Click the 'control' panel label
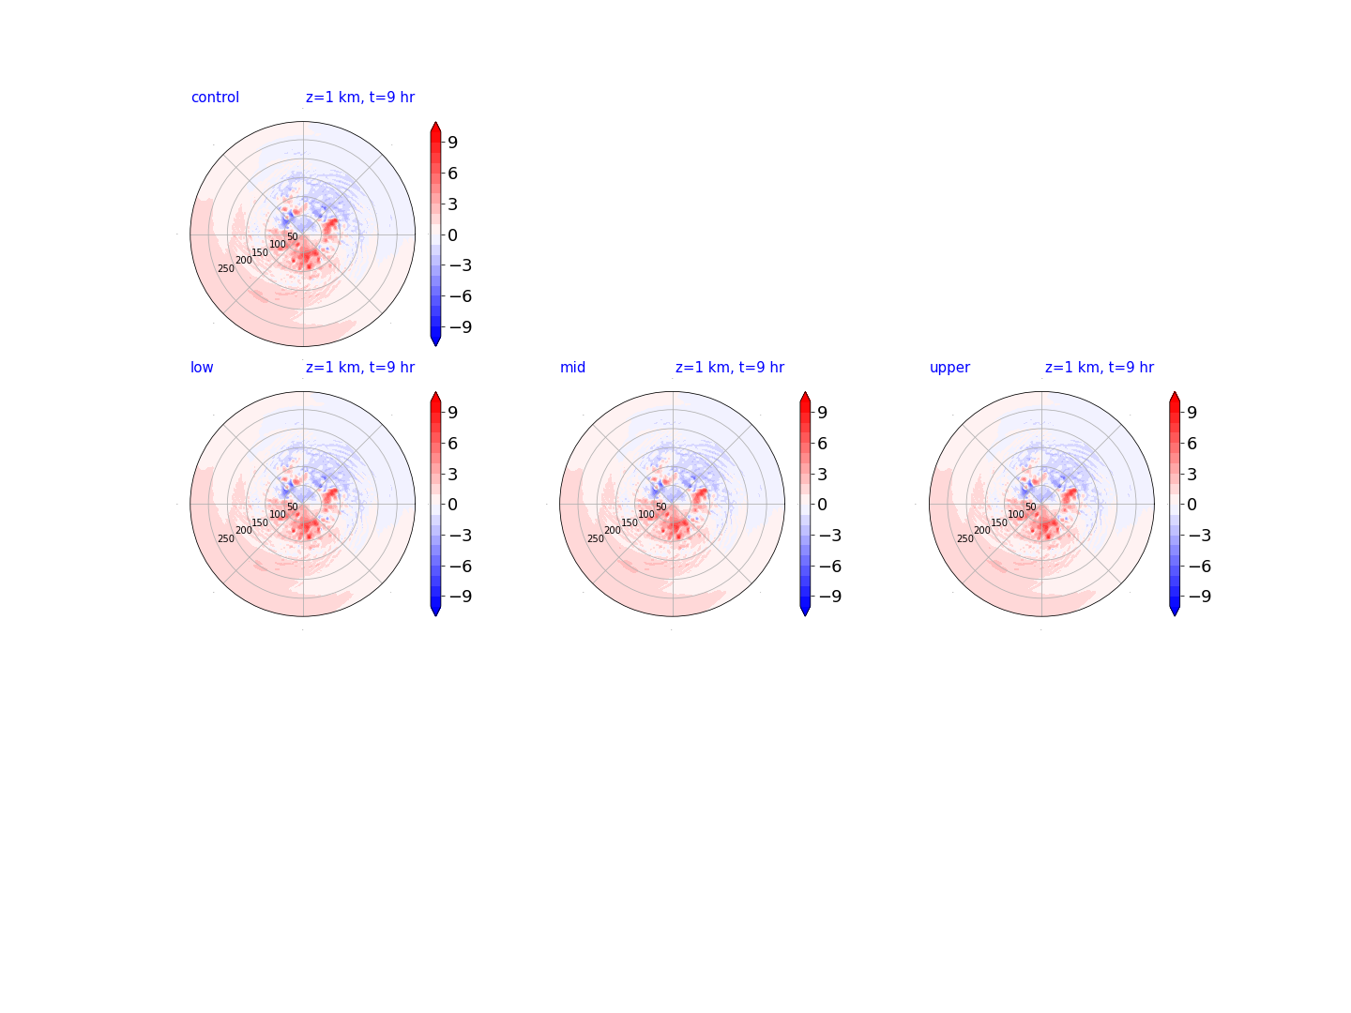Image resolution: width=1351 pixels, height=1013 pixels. point(215,98)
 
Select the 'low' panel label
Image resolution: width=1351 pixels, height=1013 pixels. point(202,367)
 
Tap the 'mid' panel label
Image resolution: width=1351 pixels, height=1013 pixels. point(572,367)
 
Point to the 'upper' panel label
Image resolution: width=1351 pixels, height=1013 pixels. point(949,368)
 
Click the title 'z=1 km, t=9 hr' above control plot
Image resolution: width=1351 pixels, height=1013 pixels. point(360,98)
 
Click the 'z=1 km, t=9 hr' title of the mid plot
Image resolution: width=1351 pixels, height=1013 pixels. point(729,367)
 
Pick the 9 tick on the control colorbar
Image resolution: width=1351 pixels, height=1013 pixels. point(452,142)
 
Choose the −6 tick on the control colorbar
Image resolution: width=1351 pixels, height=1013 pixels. point(461,296)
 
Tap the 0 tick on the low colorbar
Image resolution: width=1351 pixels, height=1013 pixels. point(452,505)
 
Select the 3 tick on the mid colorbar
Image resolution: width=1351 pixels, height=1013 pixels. point(822,475)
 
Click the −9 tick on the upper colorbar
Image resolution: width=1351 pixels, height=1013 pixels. point(1200,596)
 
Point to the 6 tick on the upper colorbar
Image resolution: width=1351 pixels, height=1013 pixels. point(1192,444)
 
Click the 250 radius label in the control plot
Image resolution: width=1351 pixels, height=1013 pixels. point(226,268)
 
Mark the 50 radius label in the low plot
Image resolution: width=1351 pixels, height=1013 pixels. point(293,506)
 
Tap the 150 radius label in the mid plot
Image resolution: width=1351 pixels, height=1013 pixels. point(629,522)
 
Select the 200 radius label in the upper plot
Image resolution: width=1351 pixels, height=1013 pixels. point(981,530)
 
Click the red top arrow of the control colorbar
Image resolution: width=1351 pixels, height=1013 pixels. point(435,128)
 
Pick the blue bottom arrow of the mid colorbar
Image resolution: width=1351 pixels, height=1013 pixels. point(804,610)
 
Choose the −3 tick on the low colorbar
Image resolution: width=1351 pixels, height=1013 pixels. point(461,535)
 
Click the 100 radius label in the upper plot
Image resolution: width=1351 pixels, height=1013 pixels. point(1015,514)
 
